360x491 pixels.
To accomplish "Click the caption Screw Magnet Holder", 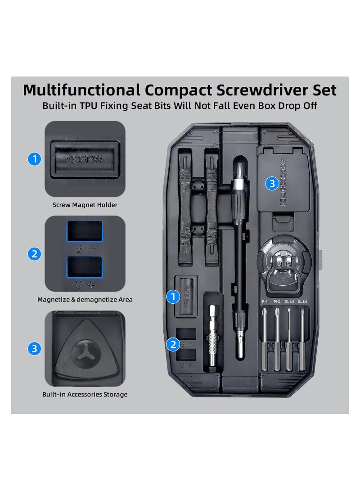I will [85, 205].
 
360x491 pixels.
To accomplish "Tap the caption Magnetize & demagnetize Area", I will [85, 299].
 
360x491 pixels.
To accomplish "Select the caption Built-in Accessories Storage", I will [85, 394].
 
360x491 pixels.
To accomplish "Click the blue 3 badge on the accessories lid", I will [271, 184].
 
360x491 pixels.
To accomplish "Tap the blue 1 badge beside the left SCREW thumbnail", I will [34, 159].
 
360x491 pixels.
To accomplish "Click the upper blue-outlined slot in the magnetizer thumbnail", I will [85, 231].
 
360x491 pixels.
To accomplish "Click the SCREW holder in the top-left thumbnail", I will [85, 159].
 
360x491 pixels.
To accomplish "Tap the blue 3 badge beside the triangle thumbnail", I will [34, 349].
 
